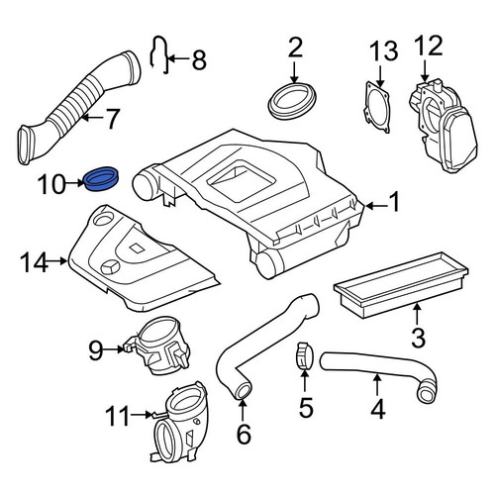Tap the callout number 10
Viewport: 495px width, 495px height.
[51, 184]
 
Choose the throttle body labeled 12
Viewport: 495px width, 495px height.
[443, 126]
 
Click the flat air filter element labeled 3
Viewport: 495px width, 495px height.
[401, 284]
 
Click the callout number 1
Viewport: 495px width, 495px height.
[393, 201]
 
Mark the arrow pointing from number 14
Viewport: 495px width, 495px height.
[57, 261]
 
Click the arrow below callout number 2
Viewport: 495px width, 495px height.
[294, 71]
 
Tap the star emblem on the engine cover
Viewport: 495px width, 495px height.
[110, 267]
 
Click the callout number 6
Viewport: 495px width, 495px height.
[244, 434]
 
